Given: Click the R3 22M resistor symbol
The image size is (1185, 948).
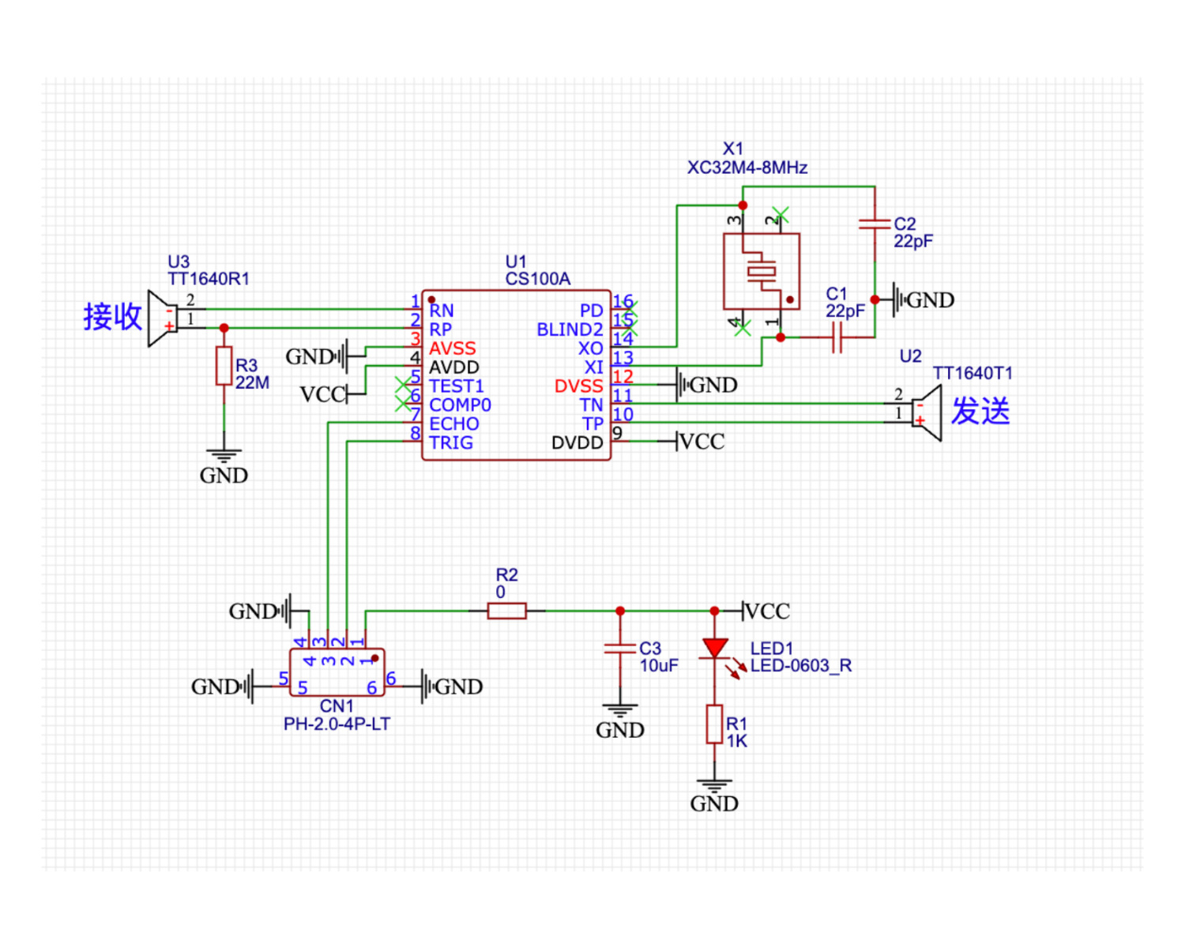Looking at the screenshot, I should (224, 366).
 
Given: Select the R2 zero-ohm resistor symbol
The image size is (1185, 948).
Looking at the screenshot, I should (506, 611).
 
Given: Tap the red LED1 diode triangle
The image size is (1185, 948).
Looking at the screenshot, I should (715, 648).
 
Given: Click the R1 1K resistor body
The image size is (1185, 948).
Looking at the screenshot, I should (715, 724).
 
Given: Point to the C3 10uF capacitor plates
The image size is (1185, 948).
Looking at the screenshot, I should (620, 649).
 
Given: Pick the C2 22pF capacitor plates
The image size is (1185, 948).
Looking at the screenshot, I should (875, 224).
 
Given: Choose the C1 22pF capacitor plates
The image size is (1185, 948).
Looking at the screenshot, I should (837, 337).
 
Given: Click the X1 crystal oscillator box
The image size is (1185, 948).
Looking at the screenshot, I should (762, 271).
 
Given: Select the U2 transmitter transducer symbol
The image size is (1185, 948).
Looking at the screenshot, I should (927, 412).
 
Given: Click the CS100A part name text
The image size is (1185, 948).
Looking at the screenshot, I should (538, 279).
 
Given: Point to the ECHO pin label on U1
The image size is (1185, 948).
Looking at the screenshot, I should (454, 423).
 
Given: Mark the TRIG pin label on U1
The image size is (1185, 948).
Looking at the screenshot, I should (451, 442).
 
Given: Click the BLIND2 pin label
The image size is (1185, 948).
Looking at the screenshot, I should (570, 329).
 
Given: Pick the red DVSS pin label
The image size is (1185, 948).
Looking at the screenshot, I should (578, 386).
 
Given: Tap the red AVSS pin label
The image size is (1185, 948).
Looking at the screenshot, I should (452, 348).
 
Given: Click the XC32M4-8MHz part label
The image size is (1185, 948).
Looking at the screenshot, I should (747, 167).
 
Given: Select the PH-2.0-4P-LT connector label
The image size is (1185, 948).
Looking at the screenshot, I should (337, 724).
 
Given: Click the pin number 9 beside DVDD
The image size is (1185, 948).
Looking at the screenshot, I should (618, 433).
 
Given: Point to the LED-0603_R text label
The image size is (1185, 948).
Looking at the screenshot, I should (801, 665).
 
